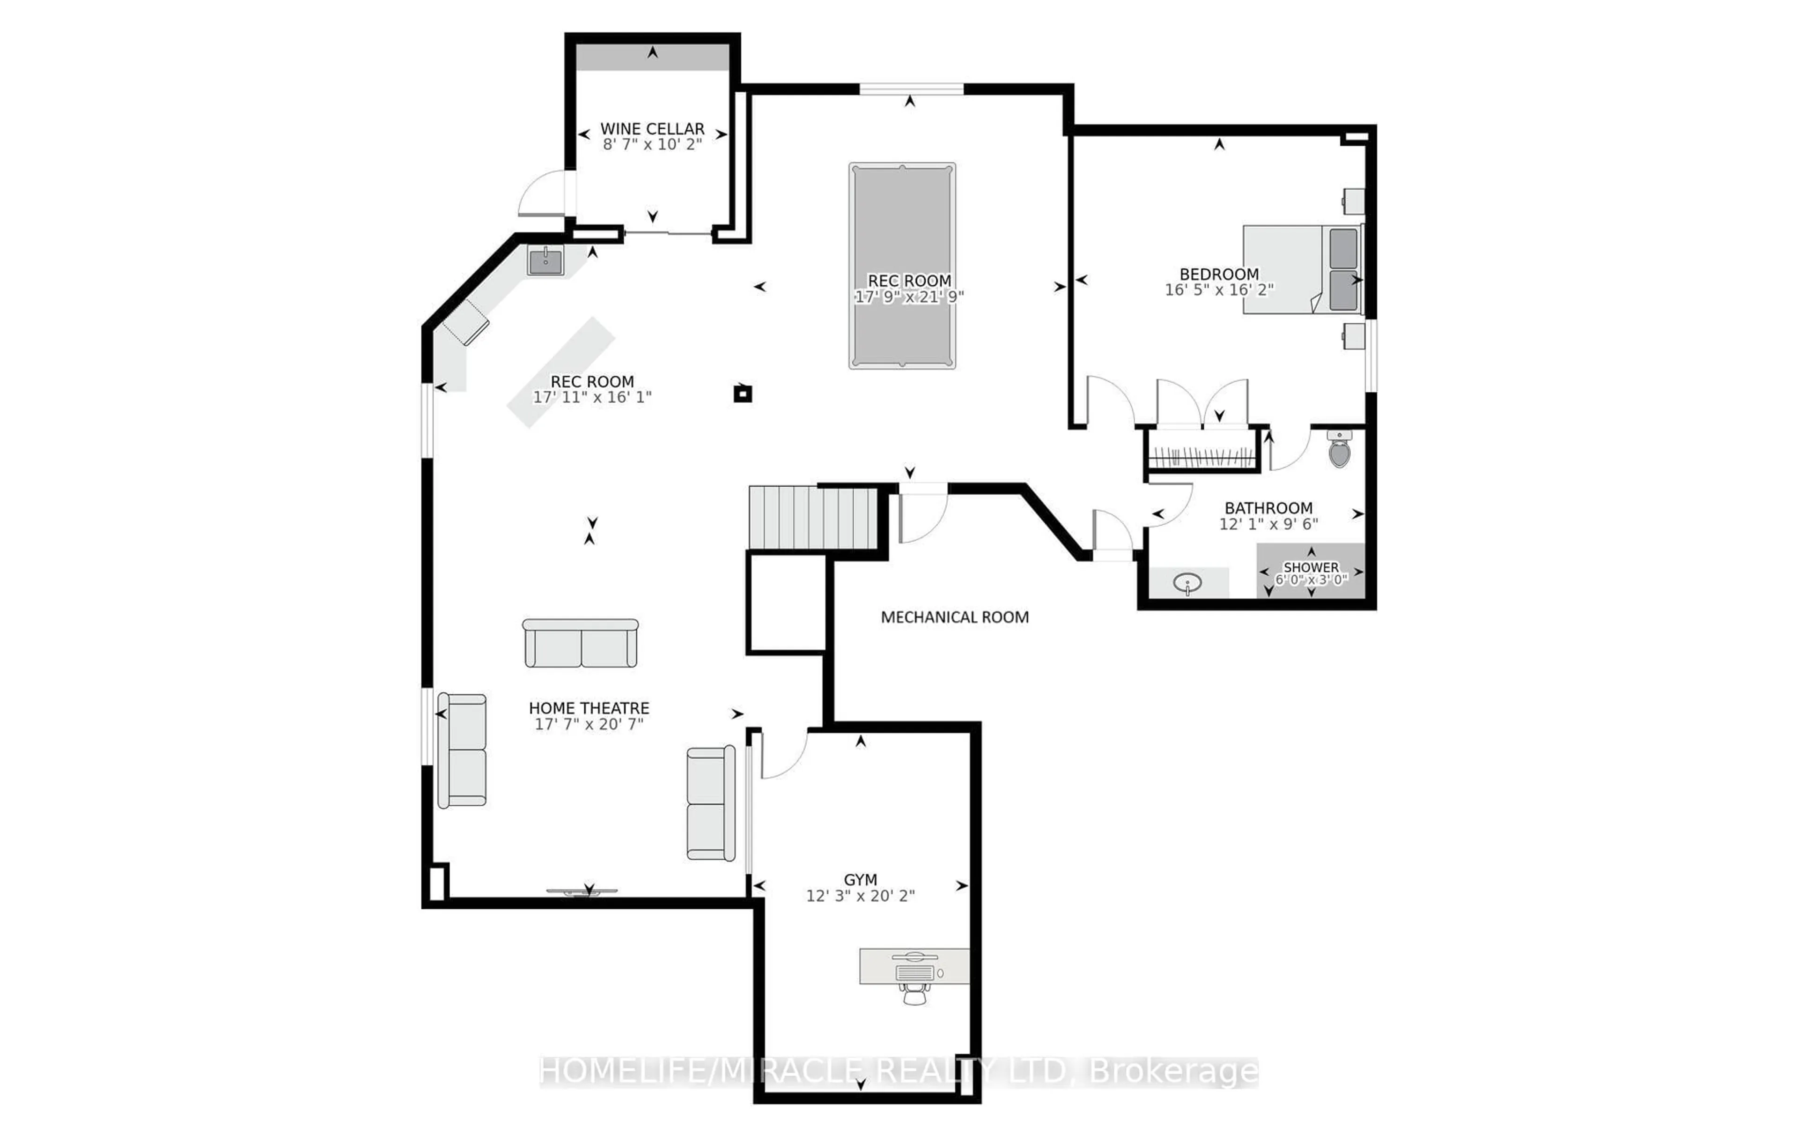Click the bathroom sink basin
coord(1187,583)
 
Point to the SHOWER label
coord(1311,567)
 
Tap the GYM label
coord(860,880)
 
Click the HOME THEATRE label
coord(589,708)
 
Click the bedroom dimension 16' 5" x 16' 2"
coord(1219,290)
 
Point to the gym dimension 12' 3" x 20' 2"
coord(860,896)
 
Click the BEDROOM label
coord(1219,274)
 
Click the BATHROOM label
coord(1268,508)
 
